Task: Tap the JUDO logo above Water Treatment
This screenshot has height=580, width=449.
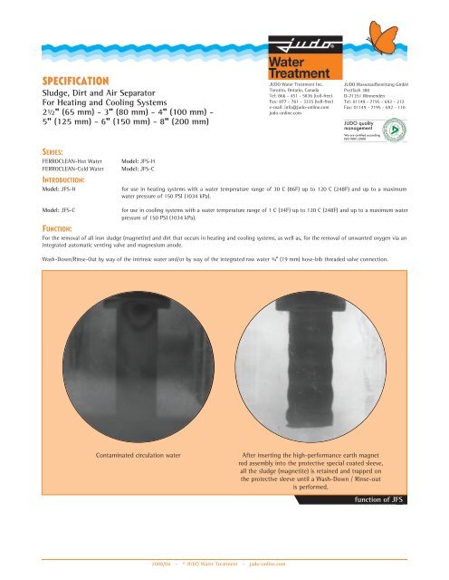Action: [294, 42]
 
